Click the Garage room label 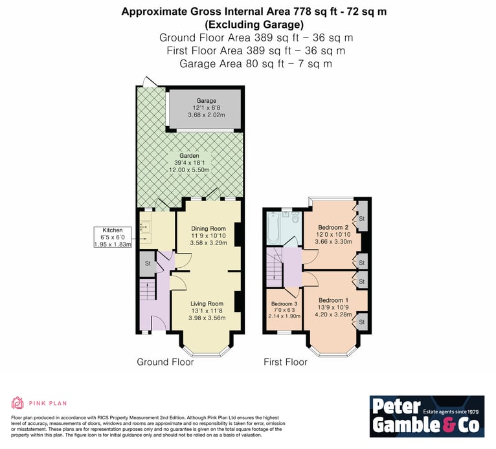pyautogui.click(x=207, y=100)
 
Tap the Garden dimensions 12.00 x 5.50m pyautogui.click(x=189, y=170)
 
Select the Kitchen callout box pyautogui.click(x=113, y=237)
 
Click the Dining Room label pyautogui.click(x=209, y=228)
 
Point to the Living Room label pyautogui.click(x=207, y=303)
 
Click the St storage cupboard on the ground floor pyautogui.click(x=148, y=263)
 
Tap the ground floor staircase pyautogui.click(x=148, y=290)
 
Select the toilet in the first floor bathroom pyautogui.click(x=296, y=217)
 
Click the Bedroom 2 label pyautogui.click(x=333, y=227)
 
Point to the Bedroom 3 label pyautogui.click(x=284, y=304)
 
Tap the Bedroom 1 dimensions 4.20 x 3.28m pyautogui.click(x=333, y=314)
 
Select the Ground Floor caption pyautogui.click(x=165, y=362)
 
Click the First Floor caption pyautogui.click(x=286, y=362)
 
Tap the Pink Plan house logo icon pyautogui.click(x=17, y=403)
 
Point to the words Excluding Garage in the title pyautogui.click(x=254, y=25)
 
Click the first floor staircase pyautogui.click(x=275, y=267)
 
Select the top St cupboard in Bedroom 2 pyautogui.click(x=362, y=218)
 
